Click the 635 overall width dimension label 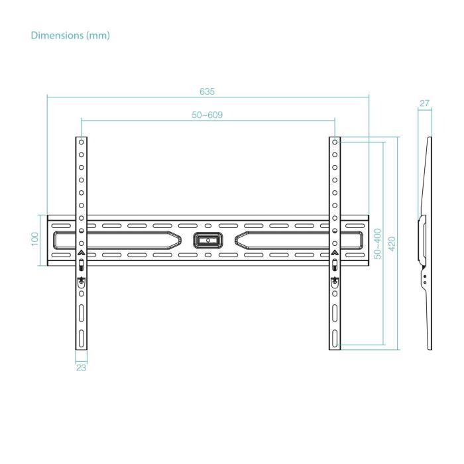pos(207,91)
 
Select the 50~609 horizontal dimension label pos(207,115)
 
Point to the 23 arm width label pos(81,367)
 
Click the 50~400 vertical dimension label pos(377,243)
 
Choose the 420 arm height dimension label pos(391,243)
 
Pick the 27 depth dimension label pos(425,103)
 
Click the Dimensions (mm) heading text pos(70,35)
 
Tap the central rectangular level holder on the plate pos(207,239)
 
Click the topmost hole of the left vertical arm pos(81,142)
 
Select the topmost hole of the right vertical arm pos(335,142)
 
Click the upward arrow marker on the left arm pos(81,253)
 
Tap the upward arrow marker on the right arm pos(335,253)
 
